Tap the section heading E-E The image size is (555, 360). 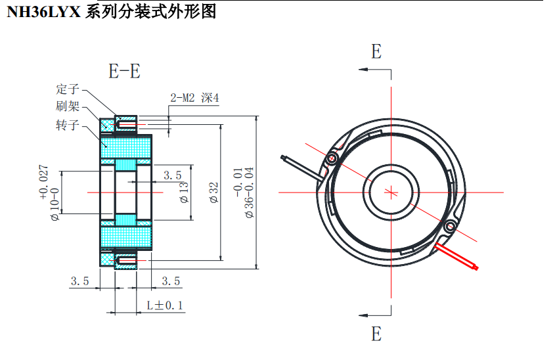pyautogui.click(x=124, y=71)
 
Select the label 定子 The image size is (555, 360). pyautogui.click(x=68, y=89)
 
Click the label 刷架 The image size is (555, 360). pyautogui.click(x=68, y=106)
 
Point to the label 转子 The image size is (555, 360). pyautogui.click(x=68, y=125)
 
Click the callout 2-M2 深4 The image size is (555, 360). pyautogui.click(x=194, y=98)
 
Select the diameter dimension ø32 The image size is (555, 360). pyautogui.click(x=213, y=192)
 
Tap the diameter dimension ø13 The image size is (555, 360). pyautogui.click(x=184, y=192)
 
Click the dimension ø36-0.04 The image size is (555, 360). pyautogui.click(x=249, y=192)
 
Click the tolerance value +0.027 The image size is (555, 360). pyautogui.click(x=44, y=181)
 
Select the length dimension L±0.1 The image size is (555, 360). pyautogui.click(x=165, y=305)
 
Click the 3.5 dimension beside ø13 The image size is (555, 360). pyautogui.click(x=172, y=175)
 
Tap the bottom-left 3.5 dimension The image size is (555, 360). pyautogui.click(x=80, y=281)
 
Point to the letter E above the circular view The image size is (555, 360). pyautogui.click(x=376, y=52)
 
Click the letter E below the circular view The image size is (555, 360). pyautogui.click(x=376, y=334)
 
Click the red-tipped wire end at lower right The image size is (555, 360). pyautogui.click(x=474, y=267)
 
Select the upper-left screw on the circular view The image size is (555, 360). pyautogui.click(x=332, y=158)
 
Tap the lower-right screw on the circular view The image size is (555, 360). pyautogui.click(x=450, y=227)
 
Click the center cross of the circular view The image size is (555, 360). pyautogui.click(x=391, y=192)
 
